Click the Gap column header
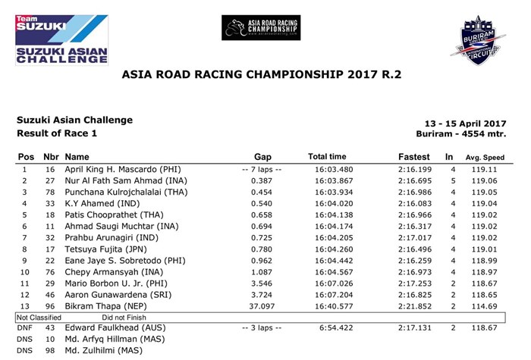pyautogui.click(x=262, y=156)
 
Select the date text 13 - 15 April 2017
pyautogui.click(x=463, y=124)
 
